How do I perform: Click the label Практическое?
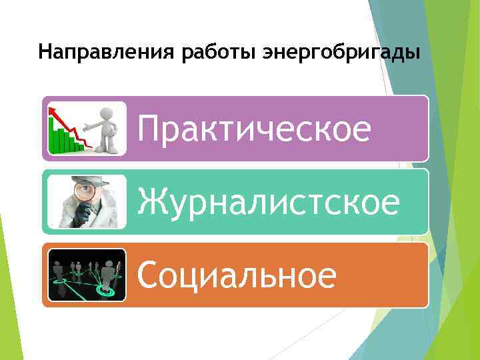[x=254, y=129]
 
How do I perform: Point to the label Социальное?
[x=237, y=275]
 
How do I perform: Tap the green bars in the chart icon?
[x=63, y=141]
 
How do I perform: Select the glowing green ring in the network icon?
[x=103, y=291]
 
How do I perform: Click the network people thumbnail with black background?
[x=87, y=275]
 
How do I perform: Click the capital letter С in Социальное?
[x=149, y=275]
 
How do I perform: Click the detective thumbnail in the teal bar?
[x=87, y=201]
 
